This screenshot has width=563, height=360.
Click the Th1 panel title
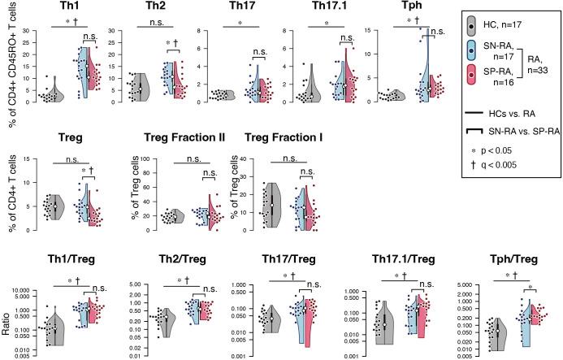[59, 7]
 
